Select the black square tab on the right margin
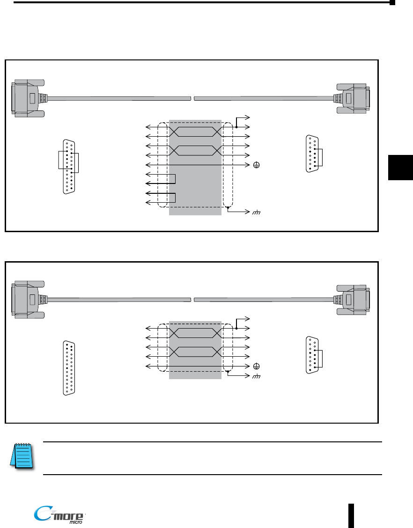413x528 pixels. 400,167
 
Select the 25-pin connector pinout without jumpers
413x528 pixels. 69,368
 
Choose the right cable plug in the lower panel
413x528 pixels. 353,300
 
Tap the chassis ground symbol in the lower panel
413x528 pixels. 256,377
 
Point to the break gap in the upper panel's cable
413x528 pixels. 192,98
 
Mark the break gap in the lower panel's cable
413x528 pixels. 192,300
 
